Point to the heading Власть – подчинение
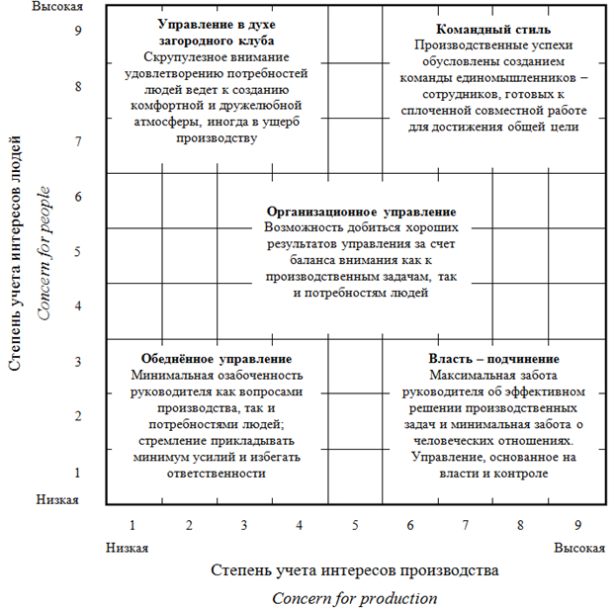[493, 359]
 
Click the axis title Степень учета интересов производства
[353, 569]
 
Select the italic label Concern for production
[354, 597]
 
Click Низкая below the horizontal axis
[127, 547]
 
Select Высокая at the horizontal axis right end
[576, 547]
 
